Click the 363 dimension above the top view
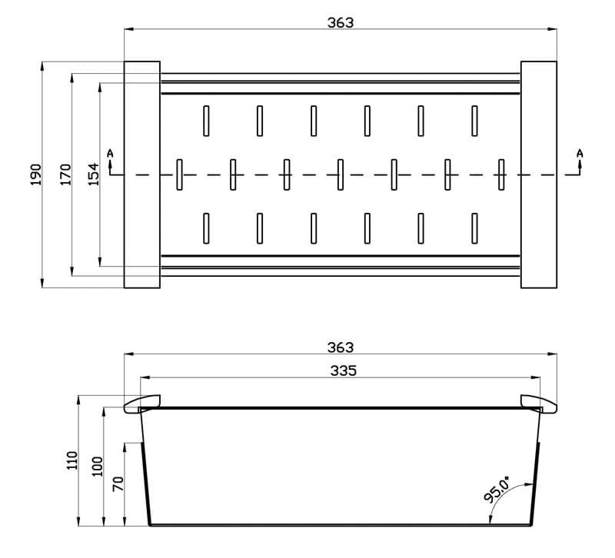tap(341, 23)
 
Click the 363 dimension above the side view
tap(341, 347)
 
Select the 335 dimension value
tap(344, 370)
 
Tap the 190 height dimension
tap(35, 175)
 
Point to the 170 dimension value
tap(65, 175)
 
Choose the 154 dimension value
tap(93, 174)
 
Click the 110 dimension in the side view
tap(72, 460)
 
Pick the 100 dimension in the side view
tap(97, 467)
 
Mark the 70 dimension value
tap(118, 484)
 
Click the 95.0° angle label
tap(497, 490)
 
